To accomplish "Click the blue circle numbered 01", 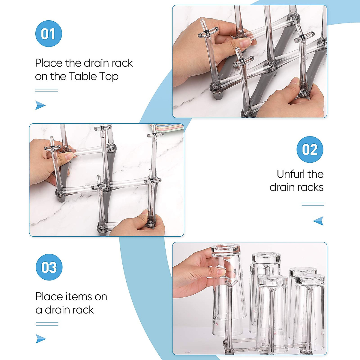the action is [49, 34].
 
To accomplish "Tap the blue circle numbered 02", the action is [310, 149].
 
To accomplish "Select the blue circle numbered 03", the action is [49, 267].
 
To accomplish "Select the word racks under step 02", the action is [309, 187].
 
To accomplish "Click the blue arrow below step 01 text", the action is [40, 105].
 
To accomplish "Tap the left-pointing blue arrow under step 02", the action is [318, 221].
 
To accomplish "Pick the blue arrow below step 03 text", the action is [41, 339].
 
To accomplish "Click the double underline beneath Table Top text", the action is [46, 90].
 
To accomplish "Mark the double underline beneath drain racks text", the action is [313, 204].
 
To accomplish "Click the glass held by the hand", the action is [229, 291].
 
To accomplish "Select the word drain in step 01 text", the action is [95, 63].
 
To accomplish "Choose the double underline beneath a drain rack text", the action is [47, 324].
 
